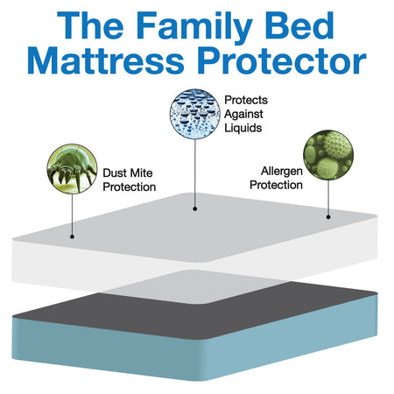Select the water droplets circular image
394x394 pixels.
coord(194,113)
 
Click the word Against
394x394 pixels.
coord(246,114)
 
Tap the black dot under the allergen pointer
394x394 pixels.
coord(329,216)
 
